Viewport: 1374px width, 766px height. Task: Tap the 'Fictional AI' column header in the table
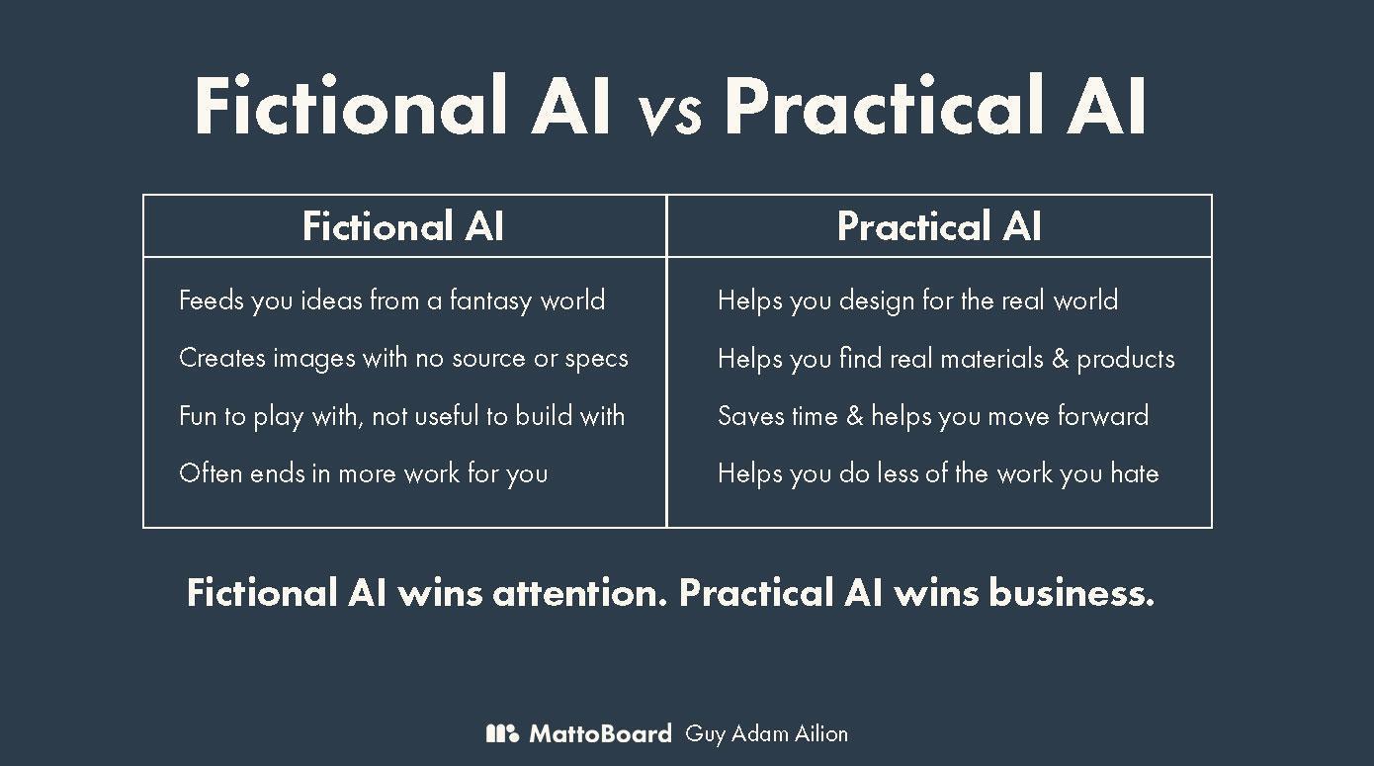[403, 225]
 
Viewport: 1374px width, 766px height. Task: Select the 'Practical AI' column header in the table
[939, 225]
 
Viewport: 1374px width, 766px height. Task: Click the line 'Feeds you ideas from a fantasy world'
[392, 300]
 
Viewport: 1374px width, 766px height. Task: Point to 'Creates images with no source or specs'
[403, 358]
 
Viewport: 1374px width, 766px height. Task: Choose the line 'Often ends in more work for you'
[364, 473]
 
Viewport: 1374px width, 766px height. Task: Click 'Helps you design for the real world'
[917, 300]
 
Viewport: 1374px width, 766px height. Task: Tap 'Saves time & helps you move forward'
[933, 416]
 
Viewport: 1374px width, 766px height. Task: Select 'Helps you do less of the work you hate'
[938, 473]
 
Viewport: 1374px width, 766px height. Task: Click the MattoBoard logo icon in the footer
[502, 733]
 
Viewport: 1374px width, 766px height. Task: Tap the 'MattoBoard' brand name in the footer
[601, 733]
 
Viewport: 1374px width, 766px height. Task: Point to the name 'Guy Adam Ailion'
[767, 734]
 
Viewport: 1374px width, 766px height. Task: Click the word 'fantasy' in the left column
[490, 300]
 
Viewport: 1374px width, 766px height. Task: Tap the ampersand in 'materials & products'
[1061, 358]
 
